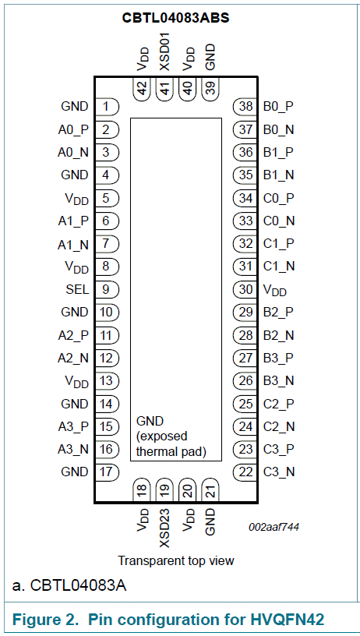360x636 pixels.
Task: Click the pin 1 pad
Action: coord(107,107)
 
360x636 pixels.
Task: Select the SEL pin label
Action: coord(77,290)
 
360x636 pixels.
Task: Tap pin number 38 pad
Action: coord(245,107)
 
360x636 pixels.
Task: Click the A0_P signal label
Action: coord(73,130)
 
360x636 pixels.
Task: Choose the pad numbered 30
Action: coord(245,290)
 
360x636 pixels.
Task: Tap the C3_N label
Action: coord(279,472)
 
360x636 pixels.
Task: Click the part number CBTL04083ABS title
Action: coord(177,18)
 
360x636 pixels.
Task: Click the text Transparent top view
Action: coord(176,560)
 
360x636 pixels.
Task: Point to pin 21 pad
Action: coord(210,493)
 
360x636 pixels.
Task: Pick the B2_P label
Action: coord(278,313)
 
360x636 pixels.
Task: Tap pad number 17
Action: coord(107,472)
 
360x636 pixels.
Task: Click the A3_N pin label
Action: coord(73,450)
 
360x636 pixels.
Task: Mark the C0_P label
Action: coord(278,198)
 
